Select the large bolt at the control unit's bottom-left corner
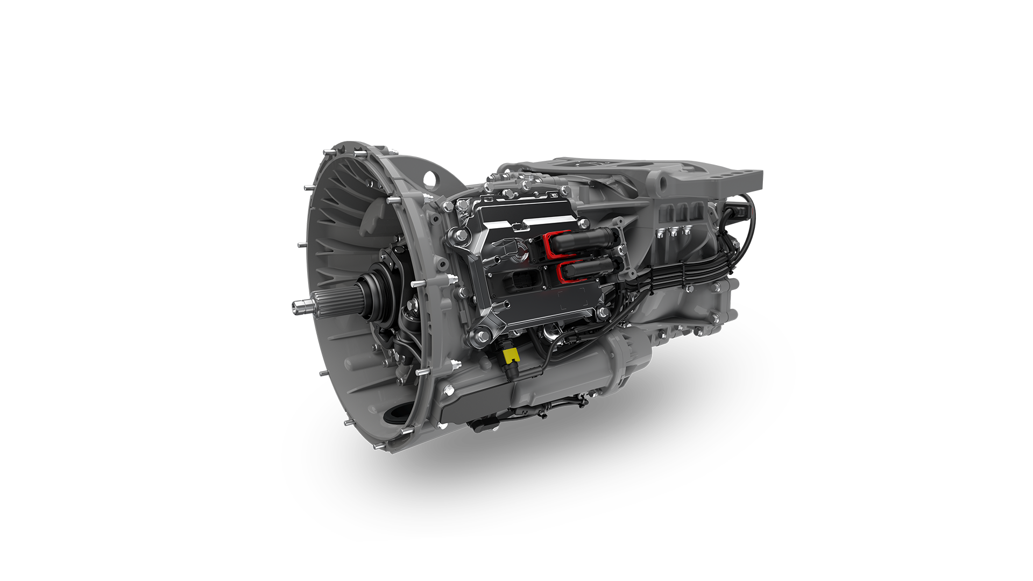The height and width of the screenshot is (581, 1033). pos(477,337)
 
